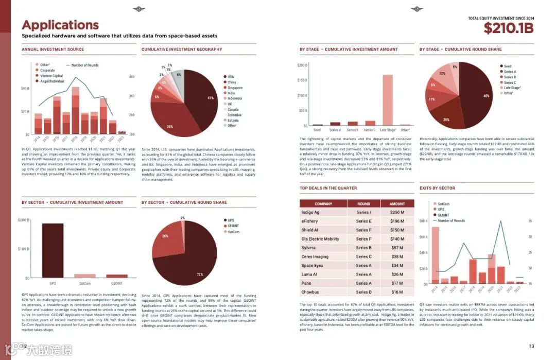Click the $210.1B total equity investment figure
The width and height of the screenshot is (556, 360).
[508, 29]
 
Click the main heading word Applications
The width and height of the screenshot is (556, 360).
[60, 25]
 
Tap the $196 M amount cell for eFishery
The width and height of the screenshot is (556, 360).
[397, 221]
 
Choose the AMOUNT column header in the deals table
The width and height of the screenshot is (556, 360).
[397, 203]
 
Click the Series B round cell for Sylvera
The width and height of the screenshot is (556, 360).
[363, 248]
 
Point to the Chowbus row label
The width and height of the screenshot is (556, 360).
[310, 292]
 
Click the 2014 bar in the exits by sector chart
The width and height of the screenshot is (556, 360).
[435, 255]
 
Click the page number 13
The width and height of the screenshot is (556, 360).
[532, 346]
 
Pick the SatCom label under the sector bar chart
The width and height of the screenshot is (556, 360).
[85, 283]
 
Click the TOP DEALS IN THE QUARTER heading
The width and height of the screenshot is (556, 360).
[328, 188]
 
